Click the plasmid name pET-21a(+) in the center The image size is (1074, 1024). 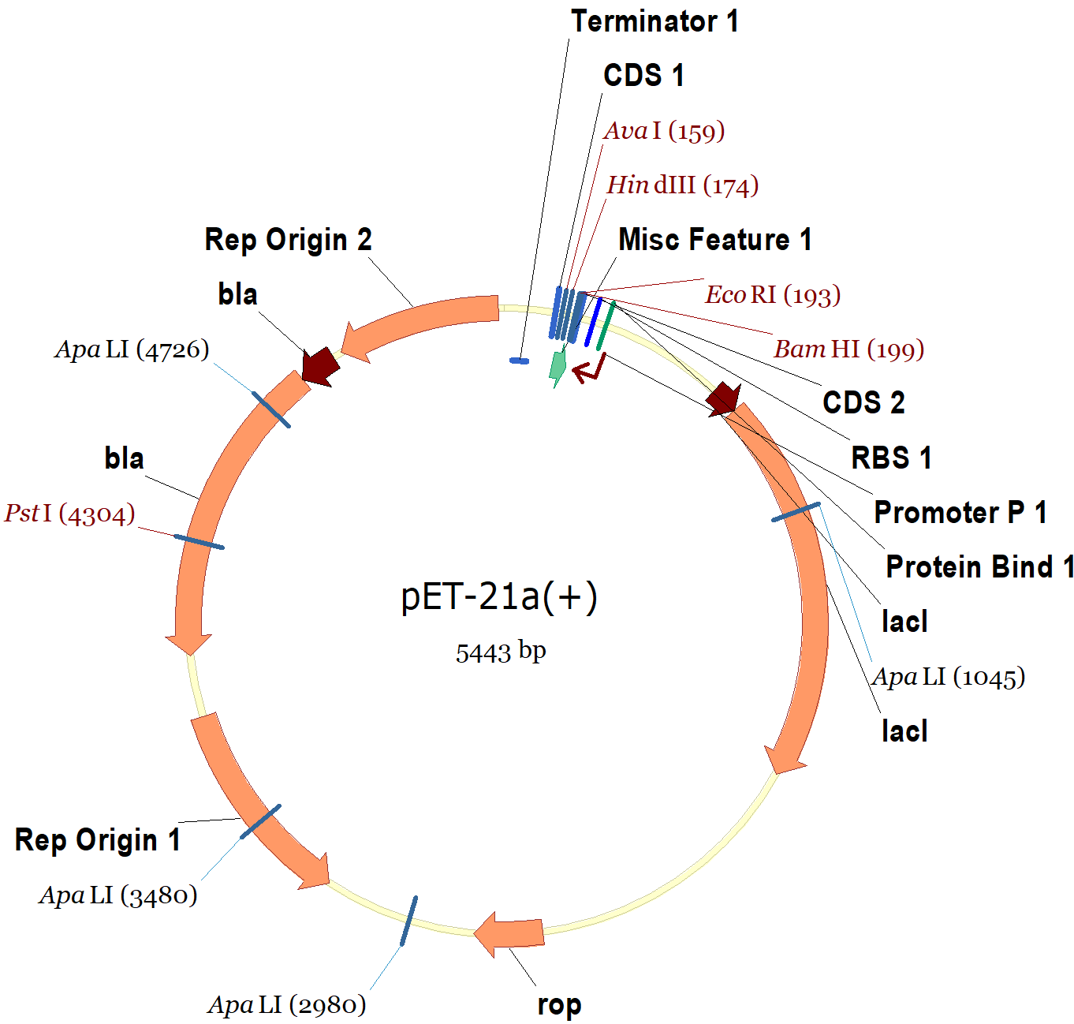tap(499, 597)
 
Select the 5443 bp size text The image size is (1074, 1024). tap(501, 652)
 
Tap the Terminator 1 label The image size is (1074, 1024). tap(654, 21)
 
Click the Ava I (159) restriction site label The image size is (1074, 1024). tap(664, 131)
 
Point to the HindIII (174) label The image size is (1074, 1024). tap(682, 185)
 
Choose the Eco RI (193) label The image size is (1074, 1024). tap(772, 295)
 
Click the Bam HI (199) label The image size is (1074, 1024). tap(848, 349)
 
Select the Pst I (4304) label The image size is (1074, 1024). tap(69, 514)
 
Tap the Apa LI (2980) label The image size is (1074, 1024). tap(287, 1005)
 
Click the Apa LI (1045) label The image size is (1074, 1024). tap(949, 677)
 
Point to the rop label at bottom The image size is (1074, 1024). tap(559, 1005)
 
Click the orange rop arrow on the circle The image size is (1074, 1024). tap(511, 933)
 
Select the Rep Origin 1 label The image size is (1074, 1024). tap(98, 840)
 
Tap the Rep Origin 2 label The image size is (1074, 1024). tap(288, 240)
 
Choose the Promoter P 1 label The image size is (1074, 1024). tap(960, 513)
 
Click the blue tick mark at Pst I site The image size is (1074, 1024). tap(199, 542)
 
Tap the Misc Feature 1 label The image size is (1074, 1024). tap(714, 240)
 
